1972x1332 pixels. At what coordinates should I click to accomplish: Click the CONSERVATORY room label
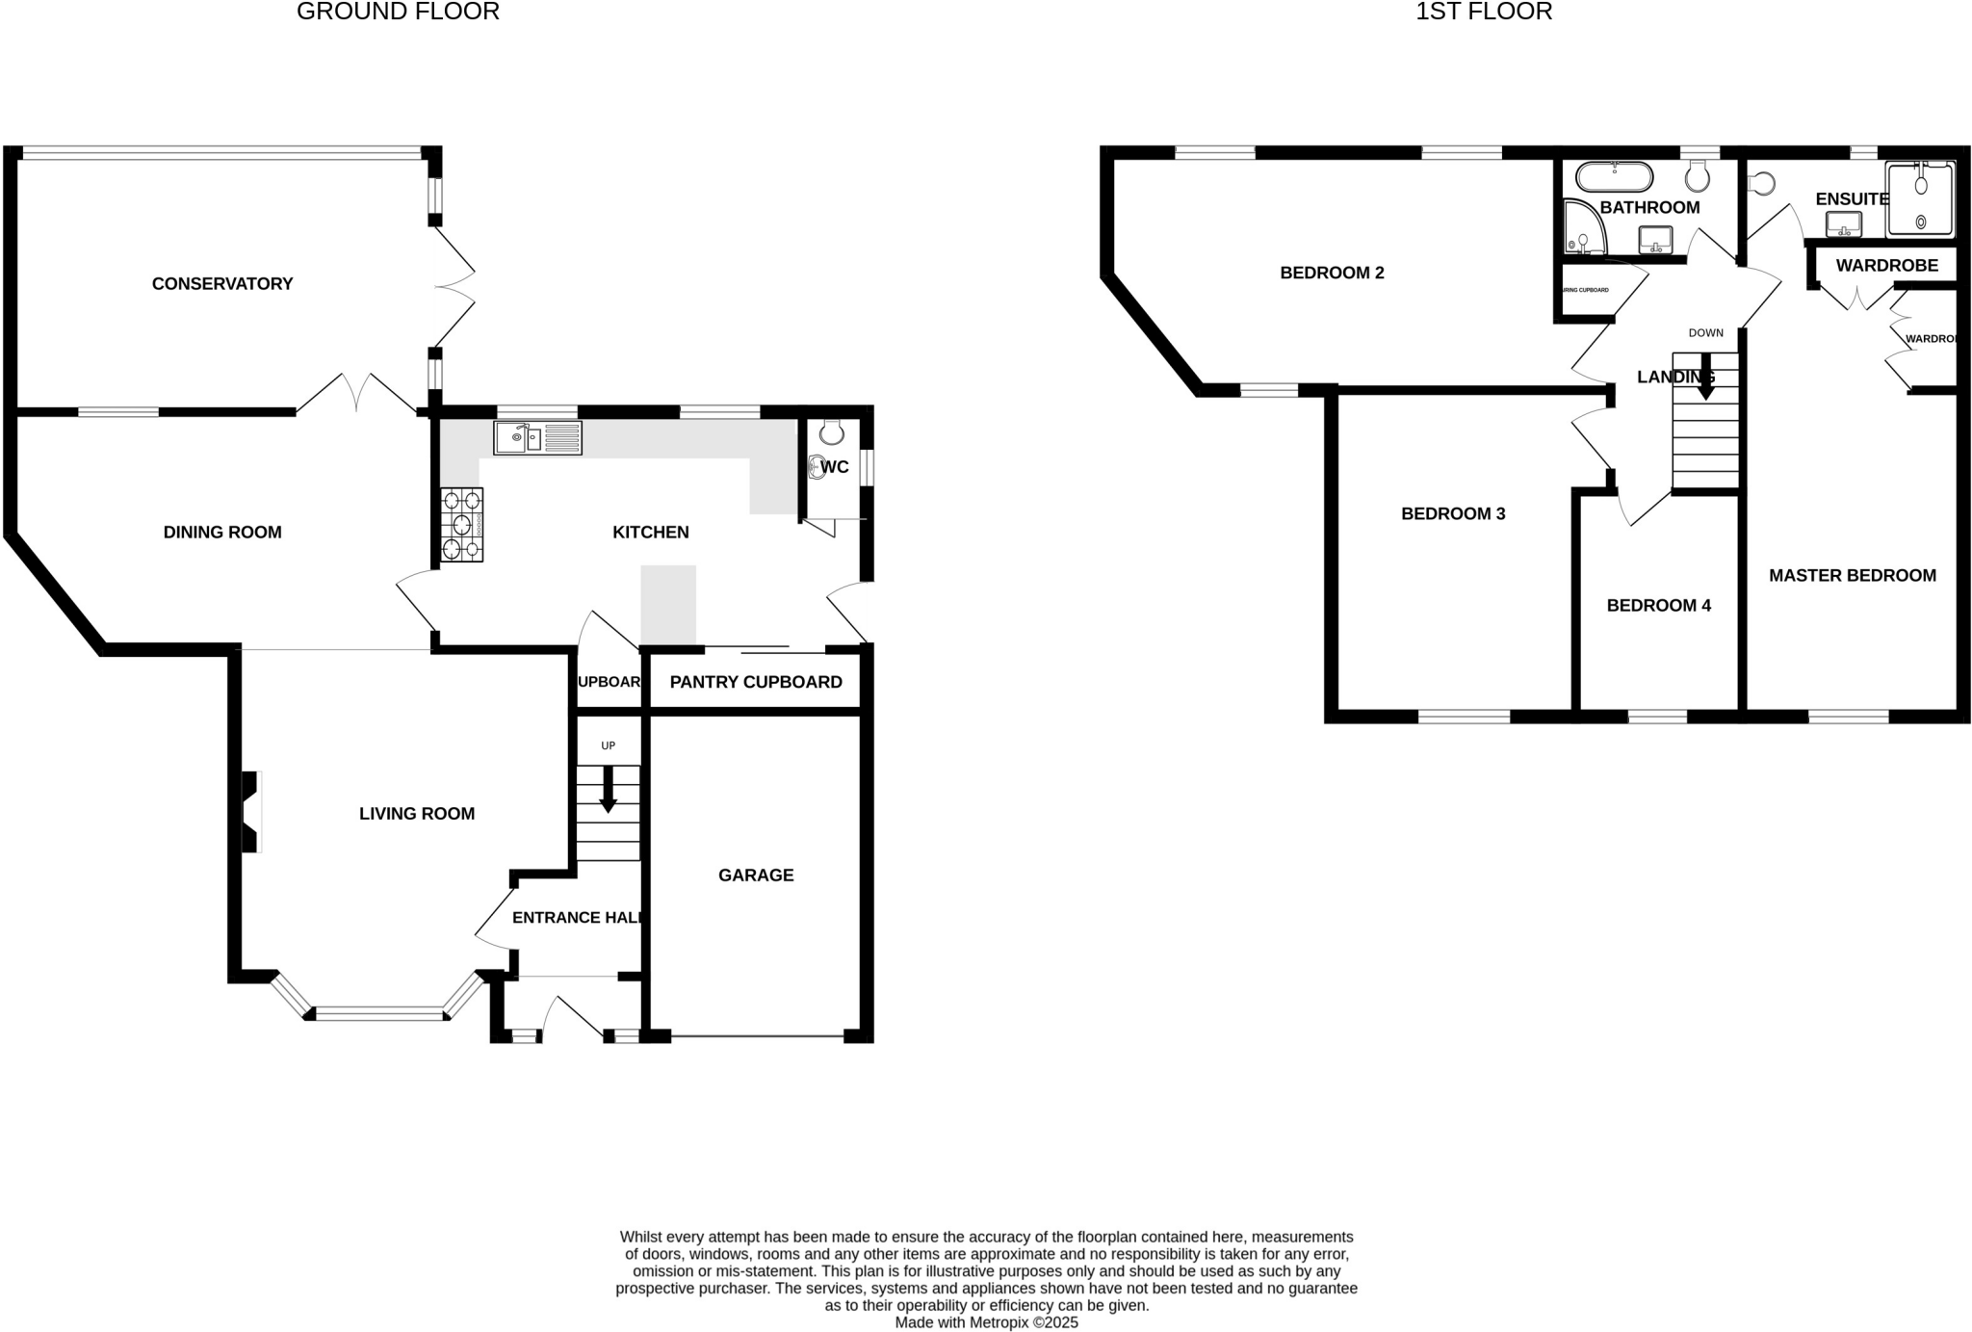[x=222, y=283]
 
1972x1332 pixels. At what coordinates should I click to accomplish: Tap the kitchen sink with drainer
[x=537, y=438]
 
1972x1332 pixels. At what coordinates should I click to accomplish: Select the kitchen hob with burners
[x=461, y=525]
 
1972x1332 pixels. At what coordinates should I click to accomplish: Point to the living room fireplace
[x=250, y=812]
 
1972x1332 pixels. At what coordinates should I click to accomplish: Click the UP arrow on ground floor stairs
[x=608, y=789]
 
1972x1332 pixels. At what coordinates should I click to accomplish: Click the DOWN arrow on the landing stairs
[x=1705, y=380]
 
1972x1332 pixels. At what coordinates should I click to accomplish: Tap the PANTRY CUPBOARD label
[x=756, y=682]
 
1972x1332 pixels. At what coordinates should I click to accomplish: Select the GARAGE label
[x=756, y=875]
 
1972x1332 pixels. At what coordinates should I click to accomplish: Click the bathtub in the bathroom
[x=1614, y=177]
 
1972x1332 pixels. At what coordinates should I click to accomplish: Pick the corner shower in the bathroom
[x=1582, y=229]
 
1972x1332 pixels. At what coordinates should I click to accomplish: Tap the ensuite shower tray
[x=1920, y=200]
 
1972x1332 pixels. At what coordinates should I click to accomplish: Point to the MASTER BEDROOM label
[x=1852, y=575]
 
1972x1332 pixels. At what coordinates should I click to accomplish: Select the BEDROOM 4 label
[x=1658, y=605]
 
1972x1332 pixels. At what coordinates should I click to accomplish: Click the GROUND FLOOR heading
[x=398, y=12]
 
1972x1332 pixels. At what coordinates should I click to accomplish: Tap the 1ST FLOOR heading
[x=1483, y=12]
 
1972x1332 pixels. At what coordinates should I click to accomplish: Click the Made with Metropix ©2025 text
[x=986, y=1322]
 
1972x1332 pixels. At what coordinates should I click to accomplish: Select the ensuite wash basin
[x=1843, y=224]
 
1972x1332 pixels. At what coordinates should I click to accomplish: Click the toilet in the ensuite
[x=1761, y=183]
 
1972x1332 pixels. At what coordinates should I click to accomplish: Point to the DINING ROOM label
[x=222, y=532]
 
